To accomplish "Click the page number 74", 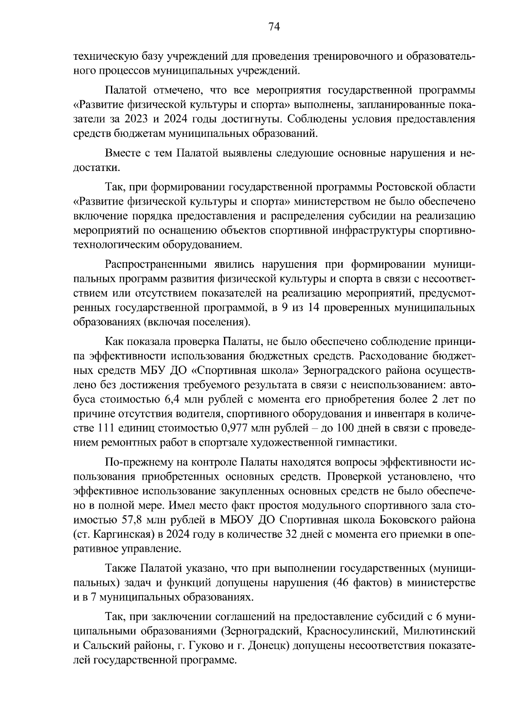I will coord(274,26).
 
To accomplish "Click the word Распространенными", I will coord(156,264).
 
